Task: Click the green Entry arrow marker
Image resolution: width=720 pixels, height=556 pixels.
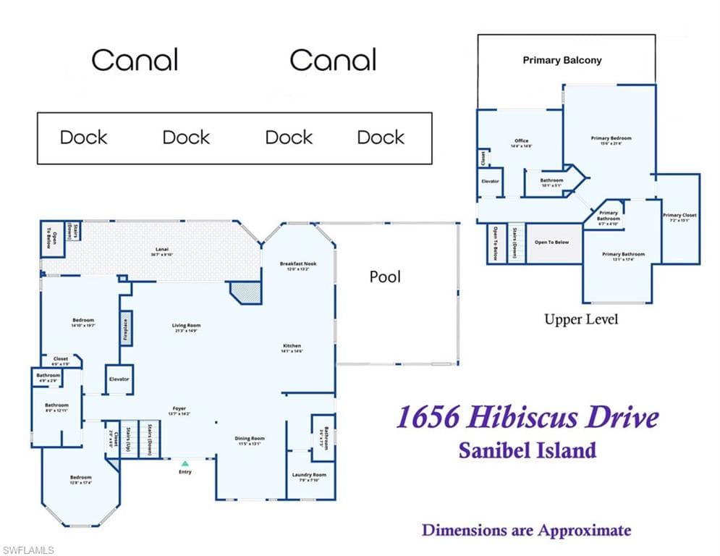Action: (185, 463)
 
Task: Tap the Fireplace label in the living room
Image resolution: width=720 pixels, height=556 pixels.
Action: (125, 329)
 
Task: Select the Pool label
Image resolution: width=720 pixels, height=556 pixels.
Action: (385, 277)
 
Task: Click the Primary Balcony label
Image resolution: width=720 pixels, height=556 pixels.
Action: (562, 60)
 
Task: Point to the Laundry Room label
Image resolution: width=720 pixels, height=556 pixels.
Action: (309, 475)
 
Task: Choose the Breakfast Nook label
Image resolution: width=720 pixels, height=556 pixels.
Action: (298, 264)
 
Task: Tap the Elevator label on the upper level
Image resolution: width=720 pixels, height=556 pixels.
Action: (490, 181)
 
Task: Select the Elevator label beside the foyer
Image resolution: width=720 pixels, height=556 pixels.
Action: (119, 379)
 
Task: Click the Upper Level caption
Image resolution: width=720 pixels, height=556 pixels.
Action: (581, 319)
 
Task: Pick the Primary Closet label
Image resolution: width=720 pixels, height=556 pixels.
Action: (680, 215)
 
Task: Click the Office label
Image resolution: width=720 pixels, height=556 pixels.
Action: (522, 141)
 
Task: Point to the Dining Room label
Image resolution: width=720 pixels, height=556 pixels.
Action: (250, 439)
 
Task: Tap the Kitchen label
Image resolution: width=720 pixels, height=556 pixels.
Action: (292, 346)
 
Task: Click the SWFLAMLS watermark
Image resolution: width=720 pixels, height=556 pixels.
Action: (27, 551)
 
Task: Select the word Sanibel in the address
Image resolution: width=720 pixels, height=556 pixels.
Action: (491, 450)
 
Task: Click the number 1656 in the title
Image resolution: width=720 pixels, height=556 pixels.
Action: (428, 418)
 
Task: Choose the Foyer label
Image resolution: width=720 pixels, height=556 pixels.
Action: (179, 408)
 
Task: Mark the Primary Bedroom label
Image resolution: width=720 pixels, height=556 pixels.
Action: (611, 138)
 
